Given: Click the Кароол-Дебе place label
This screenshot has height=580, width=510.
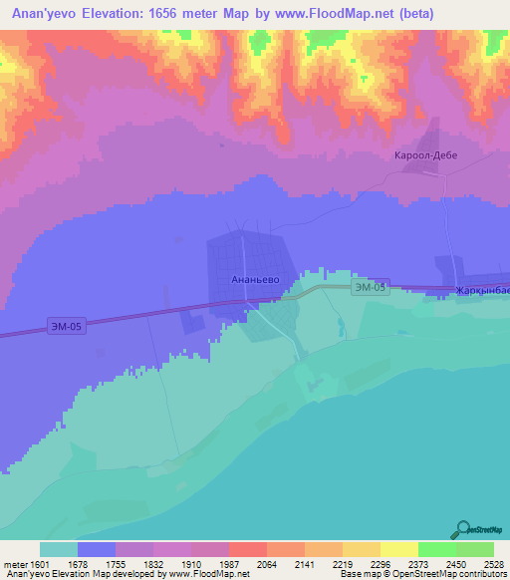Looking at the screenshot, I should click(427, 156).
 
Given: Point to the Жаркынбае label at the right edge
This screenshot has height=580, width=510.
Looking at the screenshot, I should click(482, 290).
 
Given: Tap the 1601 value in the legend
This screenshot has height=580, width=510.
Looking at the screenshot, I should click(39, 563).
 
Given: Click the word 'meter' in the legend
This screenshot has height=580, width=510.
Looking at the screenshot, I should click(14, 563).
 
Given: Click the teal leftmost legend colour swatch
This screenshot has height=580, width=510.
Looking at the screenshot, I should click(58, 549).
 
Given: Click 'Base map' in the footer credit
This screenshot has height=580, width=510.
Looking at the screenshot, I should click(357, 574).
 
